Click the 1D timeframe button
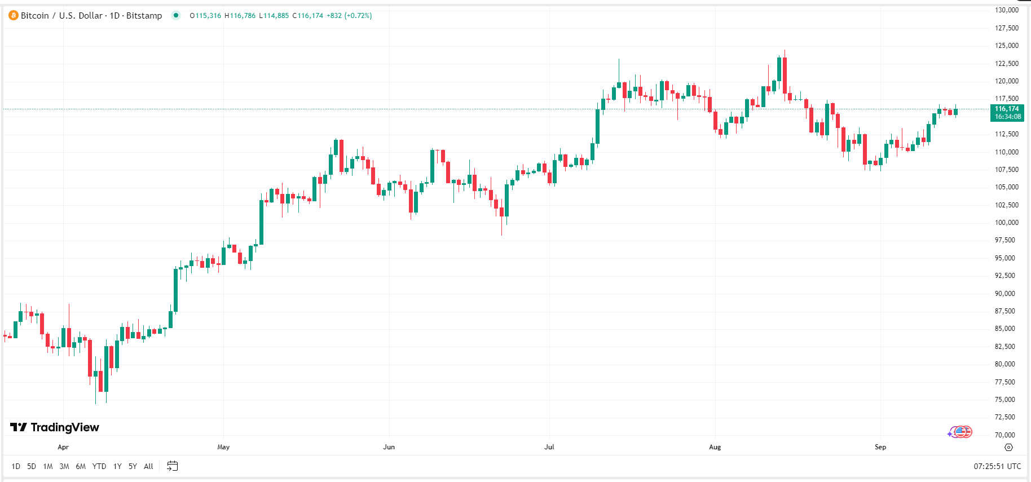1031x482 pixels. [16, 466]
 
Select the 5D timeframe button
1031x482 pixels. [32, 466]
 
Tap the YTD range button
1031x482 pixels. [99, 466]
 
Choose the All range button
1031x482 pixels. [148, 466]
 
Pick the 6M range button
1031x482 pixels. [81, 466]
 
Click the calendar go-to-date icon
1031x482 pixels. [173, 466]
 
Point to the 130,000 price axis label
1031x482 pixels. [1007, 10]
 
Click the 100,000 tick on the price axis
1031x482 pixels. [1007, 223]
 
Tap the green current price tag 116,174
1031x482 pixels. [1007, 113]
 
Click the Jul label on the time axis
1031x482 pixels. [549, 447]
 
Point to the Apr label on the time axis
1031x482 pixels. [63, 447]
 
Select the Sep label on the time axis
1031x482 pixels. [880, 447]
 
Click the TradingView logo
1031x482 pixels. [55, 427]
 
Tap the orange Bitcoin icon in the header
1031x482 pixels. [14, 16]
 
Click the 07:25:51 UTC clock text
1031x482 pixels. [997, 466]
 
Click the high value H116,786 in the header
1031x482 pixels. [240, 16]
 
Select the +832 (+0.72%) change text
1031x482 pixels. [349, 16]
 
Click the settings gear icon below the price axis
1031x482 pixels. [1009, 447]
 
